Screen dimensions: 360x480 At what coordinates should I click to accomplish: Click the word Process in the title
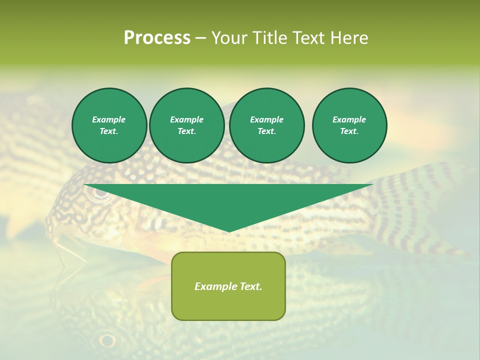pos(157,38)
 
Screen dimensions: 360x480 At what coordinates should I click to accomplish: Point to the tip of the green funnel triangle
pos(229,231)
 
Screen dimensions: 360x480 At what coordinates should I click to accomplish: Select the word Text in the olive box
pos(251,286)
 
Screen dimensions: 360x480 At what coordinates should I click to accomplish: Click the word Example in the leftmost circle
pos(109,119)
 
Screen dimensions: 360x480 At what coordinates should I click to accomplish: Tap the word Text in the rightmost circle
pos(349,131)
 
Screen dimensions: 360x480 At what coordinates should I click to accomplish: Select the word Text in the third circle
pos(266,131)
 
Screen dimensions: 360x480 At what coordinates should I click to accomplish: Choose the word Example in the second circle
pos(186,119)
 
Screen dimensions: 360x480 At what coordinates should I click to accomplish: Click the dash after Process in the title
pos(200,38)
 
